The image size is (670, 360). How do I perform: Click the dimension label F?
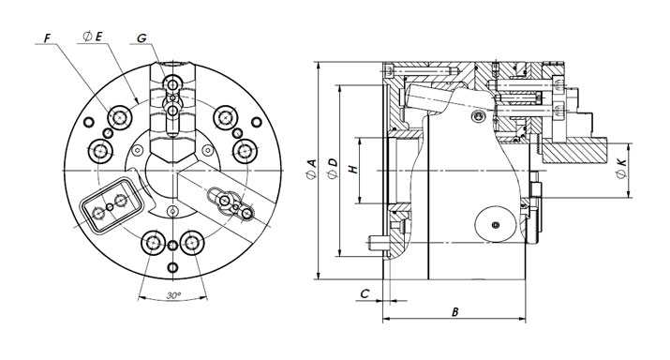(47, 38)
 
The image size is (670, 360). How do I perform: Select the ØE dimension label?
(93, 37)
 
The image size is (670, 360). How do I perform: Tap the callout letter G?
(141, 38)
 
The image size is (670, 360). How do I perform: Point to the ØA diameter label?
(311, 170)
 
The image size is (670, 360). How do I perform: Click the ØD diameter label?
(332, 170)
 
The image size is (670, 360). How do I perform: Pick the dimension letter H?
(353, 170)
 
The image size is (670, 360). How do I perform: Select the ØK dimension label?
(621, 169)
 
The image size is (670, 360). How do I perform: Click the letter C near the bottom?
(365, 293)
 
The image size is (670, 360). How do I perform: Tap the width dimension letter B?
(455, 312)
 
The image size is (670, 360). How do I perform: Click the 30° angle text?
(173, 295)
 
